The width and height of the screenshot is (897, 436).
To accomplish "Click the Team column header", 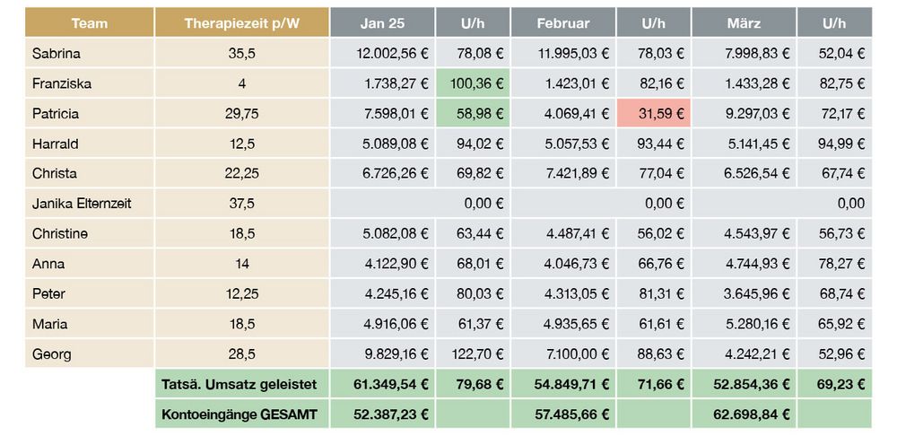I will pos(89,22).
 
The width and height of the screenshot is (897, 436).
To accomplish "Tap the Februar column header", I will pos(562,22).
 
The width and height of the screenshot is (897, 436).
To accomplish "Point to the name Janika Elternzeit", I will pos(81,204).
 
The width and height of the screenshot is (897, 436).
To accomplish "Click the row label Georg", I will pos(51,354).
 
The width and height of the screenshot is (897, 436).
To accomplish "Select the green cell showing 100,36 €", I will pos(474,83).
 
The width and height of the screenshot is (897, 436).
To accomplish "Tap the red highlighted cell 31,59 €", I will pos(654,114).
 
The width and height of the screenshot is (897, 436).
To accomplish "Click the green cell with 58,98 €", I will pos(474,114).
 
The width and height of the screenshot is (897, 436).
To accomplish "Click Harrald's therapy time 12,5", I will pos(242,144).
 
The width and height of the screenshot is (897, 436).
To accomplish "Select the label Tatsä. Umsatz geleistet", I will pos(239,384).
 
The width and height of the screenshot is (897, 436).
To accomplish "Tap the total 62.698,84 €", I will pos(752,414).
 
